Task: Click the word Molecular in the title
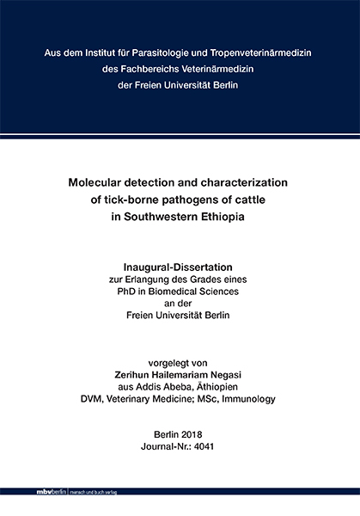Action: click(x=101, y=183)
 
